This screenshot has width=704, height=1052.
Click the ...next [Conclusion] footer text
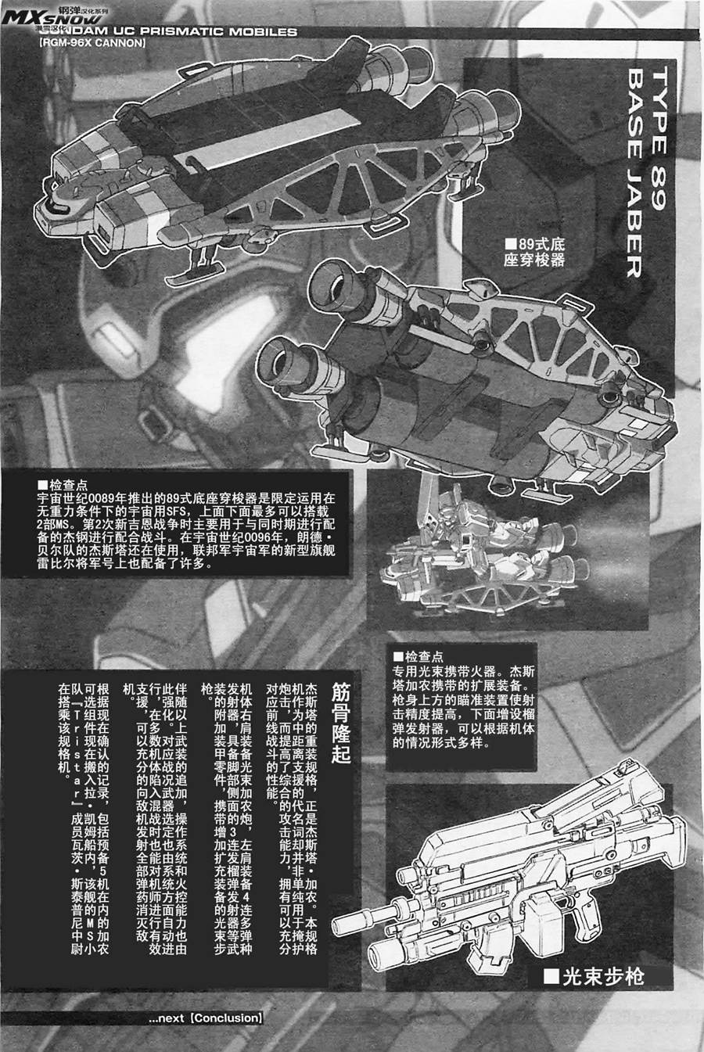(205, 1018)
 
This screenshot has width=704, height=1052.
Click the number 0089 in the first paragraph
(100, 497)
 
